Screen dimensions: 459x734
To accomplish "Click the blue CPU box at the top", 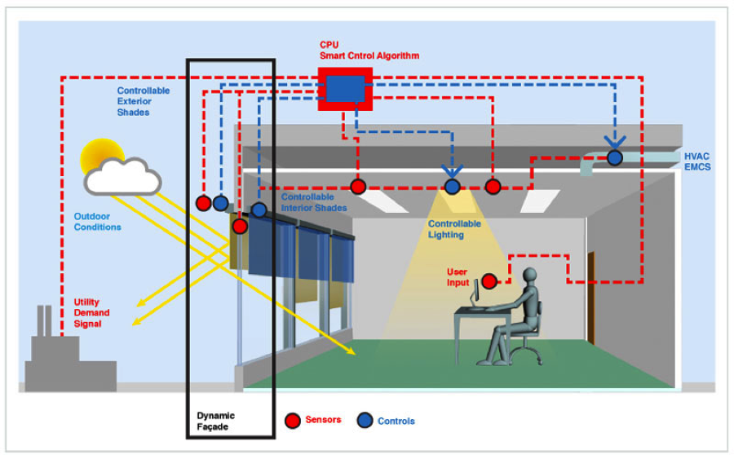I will (345, 88).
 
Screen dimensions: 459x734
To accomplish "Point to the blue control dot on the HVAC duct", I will (614, 157).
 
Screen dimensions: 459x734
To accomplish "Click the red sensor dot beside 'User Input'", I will (489, 281).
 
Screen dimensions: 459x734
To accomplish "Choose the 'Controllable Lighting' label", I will (454, 229).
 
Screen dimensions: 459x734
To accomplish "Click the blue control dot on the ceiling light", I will (452, 187).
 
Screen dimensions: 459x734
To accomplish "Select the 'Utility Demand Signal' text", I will (92, 313).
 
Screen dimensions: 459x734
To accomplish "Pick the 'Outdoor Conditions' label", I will (97, 222).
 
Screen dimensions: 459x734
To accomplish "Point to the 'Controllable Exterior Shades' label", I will (144, 101).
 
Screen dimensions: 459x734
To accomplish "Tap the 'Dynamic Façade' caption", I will (217, 421).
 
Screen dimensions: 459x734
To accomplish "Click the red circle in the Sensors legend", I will (293, 421).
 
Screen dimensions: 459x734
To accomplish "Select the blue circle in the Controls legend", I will (365, 421).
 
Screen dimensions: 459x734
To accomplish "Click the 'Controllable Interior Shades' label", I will (314, 202).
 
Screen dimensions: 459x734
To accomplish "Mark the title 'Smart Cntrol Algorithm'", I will (369, 55).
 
